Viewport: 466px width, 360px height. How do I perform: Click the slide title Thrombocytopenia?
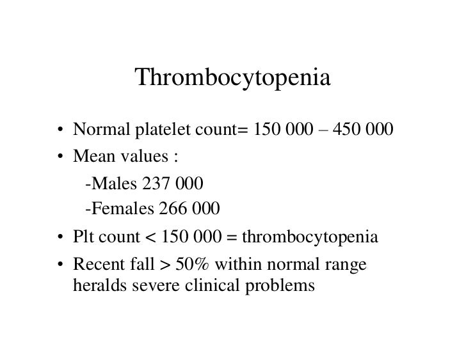click(232, 80)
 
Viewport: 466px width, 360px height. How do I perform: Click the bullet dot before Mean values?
click(58, 157)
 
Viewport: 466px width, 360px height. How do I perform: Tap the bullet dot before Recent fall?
click(58, 263)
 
